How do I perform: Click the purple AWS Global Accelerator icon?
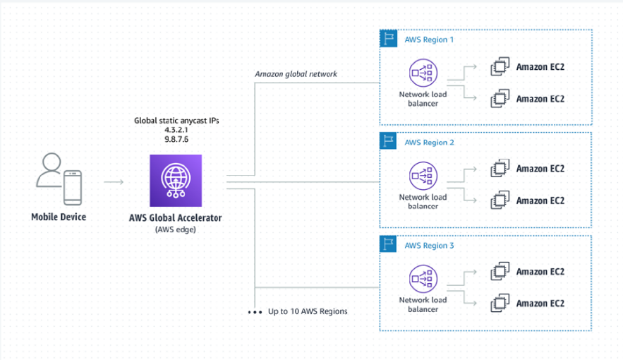coord(175,181)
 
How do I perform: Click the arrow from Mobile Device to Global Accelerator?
coord(114,182)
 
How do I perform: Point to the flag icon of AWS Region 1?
coord(388,38)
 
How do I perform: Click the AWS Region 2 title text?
coord(429,143)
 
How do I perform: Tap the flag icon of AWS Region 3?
coord(388,244)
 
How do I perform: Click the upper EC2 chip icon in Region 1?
coord(500,68)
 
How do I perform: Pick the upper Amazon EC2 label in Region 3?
coord(540,272)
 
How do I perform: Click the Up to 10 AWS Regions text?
coord(308,311)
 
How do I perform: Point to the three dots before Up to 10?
coord(255,311)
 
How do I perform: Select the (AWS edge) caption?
coord(176,229)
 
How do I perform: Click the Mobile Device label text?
coord(59,217)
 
